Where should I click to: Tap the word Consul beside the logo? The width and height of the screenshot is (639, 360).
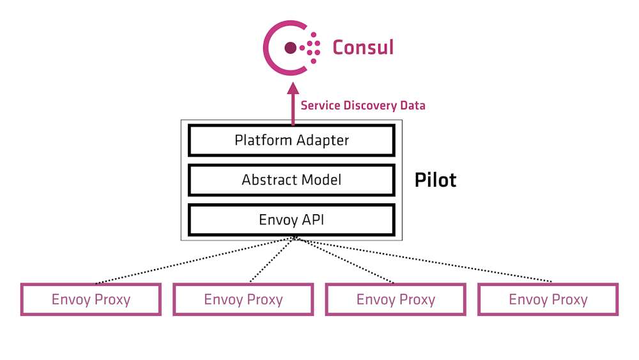pos(362,47)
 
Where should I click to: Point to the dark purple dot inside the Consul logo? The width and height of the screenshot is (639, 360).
pos(290,47)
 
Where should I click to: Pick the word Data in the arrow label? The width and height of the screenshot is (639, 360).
pos(412,105)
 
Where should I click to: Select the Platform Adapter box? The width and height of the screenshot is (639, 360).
pos(291,140)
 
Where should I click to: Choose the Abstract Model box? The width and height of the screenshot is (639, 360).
pos(291,180)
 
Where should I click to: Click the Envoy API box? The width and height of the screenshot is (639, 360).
pos(291,220)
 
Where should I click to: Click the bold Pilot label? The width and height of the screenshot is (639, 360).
pos(435,180)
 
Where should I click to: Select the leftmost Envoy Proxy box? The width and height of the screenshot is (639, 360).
pos(91,299)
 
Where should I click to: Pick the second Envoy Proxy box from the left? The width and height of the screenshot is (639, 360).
pos(243,299)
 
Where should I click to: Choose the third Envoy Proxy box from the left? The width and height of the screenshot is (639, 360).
pos(396,299)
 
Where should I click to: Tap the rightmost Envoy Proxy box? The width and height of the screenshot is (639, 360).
pos(548,299)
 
